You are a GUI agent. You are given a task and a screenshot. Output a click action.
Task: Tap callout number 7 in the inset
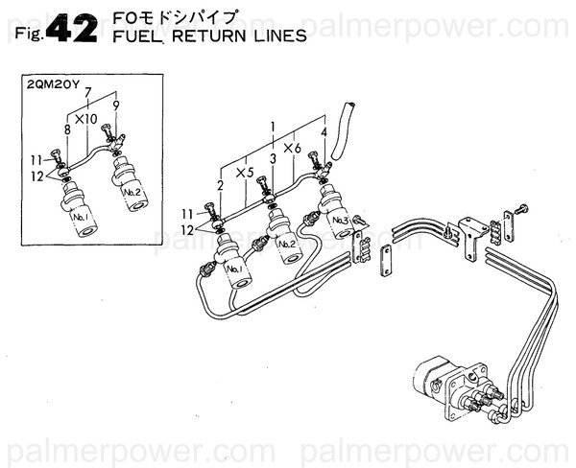coord(89,93)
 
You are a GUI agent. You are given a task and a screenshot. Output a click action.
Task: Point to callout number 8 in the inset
coord(67,129)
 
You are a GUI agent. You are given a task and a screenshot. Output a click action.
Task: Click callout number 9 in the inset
coord(116,105)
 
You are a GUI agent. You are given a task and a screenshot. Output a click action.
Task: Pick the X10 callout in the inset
coord(87,119)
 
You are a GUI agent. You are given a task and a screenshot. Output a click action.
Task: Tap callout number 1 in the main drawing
coord(274,126)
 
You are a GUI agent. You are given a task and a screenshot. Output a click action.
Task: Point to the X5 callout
coord(246,174)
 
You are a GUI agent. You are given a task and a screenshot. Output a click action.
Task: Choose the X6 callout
coord(294,148)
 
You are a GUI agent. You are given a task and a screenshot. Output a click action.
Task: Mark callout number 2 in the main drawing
coord(221,184)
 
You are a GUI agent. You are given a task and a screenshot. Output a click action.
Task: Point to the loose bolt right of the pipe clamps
coord(519,207)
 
